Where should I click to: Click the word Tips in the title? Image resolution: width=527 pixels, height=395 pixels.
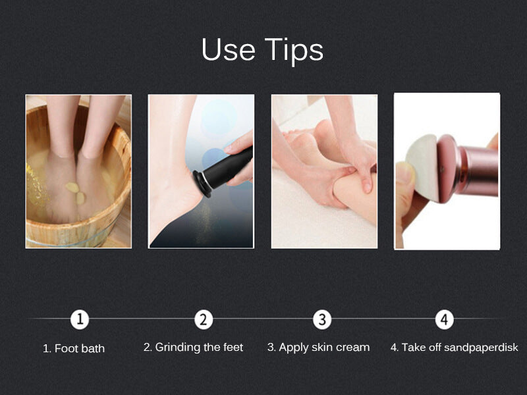pyautogui.click(x=294, y=51)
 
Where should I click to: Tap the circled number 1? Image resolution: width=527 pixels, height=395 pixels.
pyautogui.click(x=80, y=319)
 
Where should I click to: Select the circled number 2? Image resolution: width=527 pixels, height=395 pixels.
pyautogui.click(x=204, y=319)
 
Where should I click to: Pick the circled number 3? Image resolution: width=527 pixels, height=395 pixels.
pyautogui.click(x=322, y=319)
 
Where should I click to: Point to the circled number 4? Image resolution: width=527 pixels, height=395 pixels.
pyautogui.click(x=444, y=319)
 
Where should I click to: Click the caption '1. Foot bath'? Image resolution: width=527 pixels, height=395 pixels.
pyautogui.click(x=74, y=348)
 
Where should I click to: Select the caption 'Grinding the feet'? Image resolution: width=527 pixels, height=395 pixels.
pyautogui.click(x=199, y=347)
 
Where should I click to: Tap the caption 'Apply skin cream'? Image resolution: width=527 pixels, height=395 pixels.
pyautogui.click(x=324, y=347)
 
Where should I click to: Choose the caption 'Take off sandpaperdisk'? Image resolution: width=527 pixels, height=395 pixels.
pyautogui.click(x=460, y=347)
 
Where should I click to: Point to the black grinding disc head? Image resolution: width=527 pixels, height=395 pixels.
pyautogui.click(x=201, y=184)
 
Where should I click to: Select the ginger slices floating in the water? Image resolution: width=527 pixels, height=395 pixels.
pyautogui.click(x=76, y=192)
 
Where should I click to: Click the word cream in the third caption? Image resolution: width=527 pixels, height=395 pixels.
pyautogui.click(x=354, y=348)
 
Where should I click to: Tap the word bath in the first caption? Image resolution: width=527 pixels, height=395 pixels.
pyautogui.click(x=92, y=348)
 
